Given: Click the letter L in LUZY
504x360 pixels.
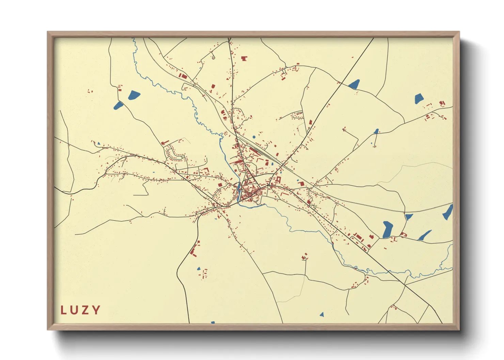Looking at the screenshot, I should click(x=63, y=310).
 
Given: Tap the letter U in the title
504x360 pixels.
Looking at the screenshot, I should click(x=75, y=310).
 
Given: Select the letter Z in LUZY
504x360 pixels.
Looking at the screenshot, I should click(x=86, y=310).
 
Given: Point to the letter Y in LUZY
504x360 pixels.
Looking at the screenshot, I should click(x=97, y=310).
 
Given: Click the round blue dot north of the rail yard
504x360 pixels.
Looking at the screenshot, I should click(x=254, y=137).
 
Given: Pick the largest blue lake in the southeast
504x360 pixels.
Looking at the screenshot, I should click(x=387, y=229).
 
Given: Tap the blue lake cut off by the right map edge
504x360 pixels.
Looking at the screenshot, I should click(x=448, y=212).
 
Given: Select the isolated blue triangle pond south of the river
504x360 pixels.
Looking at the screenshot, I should click(x=321, y=314).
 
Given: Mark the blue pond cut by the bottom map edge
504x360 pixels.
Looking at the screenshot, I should click(x=212, y=322).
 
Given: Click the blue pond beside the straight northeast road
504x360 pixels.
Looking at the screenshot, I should click(x=354, y=84).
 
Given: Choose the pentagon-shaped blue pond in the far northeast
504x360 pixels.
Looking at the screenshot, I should click(x=419, y=99).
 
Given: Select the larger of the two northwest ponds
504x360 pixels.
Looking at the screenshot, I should click(x=134, y=95).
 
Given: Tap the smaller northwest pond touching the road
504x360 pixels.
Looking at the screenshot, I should click(x=118, y=105).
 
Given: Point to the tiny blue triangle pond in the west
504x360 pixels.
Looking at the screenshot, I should click(x=99, y=144).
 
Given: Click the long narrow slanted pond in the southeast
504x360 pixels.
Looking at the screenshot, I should click(x=425, y=235).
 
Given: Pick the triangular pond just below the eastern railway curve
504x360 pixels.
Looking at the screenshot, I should click(x=408, y=216).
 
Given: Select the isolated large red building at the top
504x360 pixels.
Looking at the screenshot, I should click(x=244, y=59).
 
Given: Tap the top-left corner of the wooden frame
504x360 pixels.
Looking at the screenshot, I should click(x=48, y=32).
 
